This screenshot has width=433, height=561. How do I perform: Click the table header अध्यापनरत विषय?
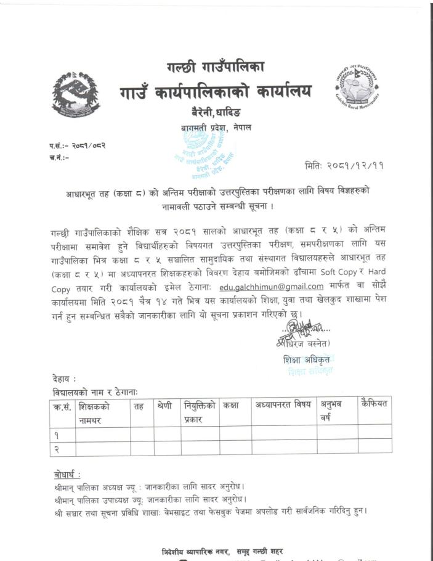coord(283,405)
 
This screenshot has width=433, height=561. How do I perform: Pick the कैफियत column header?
coord(374,404)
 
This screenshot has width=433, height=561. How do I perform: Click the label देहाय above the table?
coord(64,379)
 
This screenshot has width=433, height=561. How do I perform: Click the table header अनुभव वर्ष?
coord(331,411)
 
